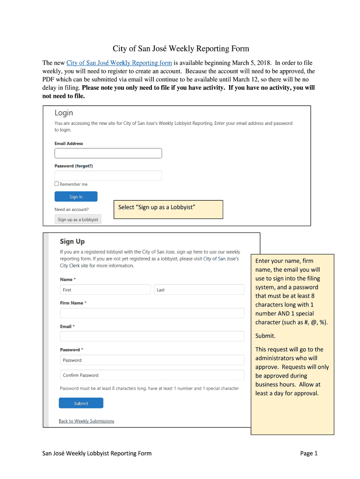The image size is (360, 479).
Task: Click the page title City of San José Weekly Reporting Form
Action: click(180, 49)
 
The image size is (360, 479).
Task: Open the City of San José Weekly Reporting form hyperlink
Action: click(119, 63)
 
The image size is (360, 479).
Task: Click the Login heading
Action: click(64, 113)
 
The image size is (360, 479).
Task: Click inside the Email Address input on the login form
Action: click(108, 153)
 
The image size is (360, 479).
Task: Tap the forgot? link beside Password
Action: click(84, 166)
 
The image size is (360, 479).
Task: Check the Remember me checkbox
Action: click(57, 184)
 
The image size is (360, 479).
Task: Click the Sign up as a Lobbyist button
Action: click(78, 219)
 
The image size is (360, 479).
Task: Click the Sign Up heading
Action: click(72, 241)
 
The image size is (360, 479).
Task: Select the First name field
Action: click(105, 290)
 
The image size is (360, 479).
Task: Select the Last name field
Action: click(199, 290)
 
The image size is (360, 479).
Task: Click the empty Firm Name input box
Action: click(152, 313)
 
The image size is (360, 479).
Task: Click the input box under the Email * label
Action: click(152, 336)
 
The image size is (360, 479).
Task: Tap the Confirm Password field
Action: click(152, 375)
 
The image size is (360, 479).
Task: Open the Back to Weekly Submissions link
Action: click(86, 421)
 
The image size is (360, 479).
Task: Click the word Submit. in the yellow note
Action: click(266, 336)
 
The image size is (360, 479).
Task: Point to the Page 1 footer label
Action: click(309, 453)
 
